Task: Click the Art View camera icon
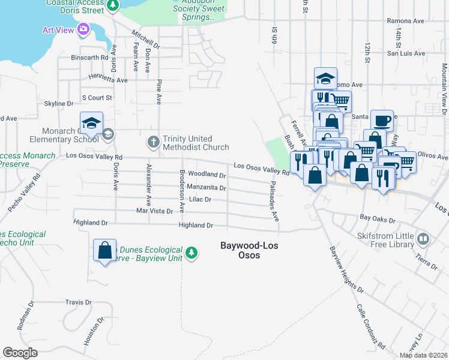tap(83, 29)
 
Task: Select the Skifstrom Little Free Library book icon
tap(423, 239)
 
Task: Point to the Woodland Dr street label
tap(206, 175)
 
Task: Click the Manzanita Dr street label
tap(206, 188)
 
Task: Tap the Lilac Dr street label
tap(200, 199)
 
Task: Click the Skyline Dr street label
tap(59, 104)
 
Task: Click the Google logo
tap(20, 352)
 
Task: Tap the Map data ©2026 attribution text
tap(423, 355)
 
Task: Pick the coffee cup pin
tap(382, 121)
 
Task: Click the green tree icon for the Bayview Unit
tap(191, 253)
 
